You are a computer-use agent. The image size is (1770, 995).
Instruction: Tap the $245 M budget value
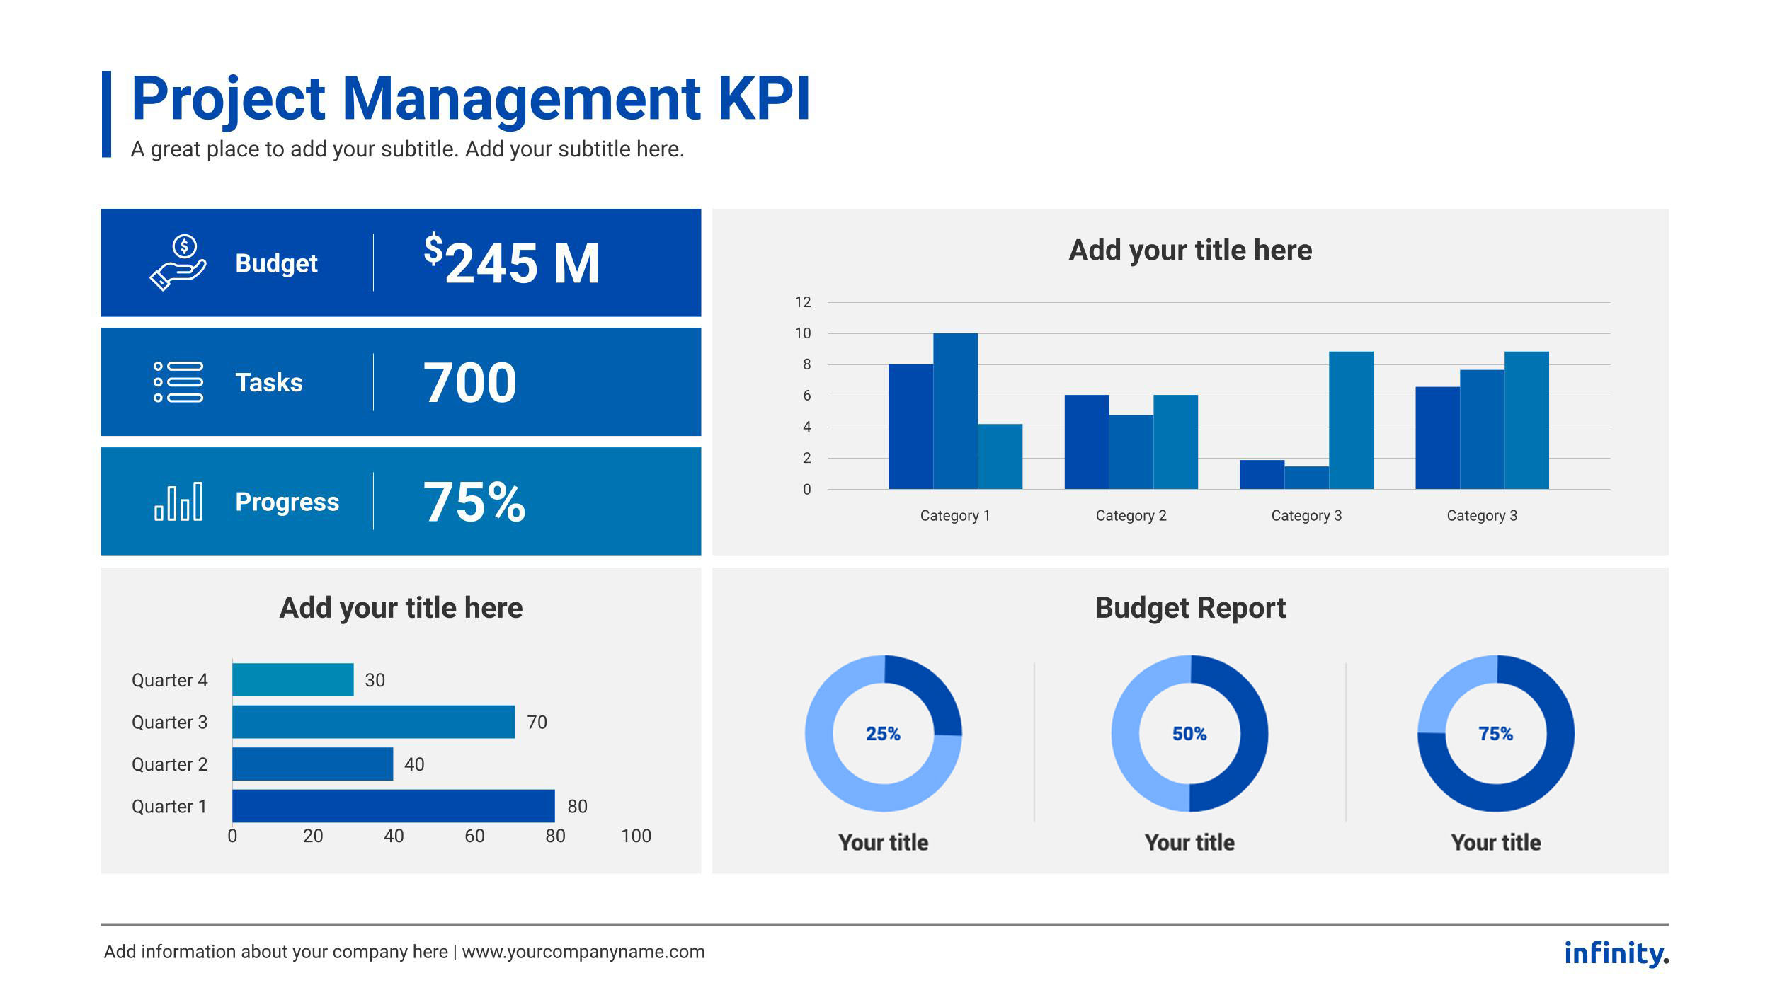[x=512, y=263]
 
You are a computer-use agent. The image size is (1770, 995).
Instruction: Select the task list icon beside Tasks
[x=178, y=382]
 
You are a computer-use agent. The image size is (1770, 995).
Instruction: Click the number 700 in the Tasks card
[x=470, y=383]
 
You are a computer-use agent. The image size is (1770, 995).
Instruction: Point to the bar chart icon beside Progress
[x=178, y=502]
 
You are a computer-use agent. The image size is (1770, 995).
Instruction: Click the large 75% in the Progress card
[x=474, y=502]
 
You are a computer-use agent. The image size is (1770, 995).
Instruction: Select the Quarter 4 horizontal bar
[x=293, y=679]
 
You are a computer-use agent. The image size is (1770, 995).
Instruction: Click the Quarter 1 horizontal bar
[x=394, y=805]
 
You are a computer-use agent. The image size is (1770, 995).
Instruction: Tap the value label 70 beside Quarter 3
[x=537, y=722]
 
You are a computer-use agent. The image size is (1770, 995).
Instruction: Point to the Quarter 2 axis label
[x=170, y=764]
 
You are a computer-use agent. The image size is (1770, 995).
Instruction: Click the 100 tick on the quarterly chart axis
[x=636, y=836]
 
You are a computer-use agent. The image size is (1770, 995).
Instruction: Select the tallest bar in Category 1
[x=955, y=410]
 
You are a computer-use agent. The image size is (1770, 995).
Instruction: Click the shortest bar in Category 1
[x=1000, y=456]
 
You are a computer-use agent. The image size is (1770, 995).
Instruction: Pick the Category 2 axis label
[x=1131, y=515]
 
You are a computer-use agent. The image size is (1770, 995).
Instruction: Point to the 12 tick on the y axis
[x=803, y=302]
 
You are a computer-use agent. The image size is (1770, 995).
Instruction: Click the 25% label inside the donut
[x=883, y=734]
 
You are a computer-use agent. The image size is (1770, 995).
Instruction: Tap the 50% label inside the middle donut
[x=1189, y=734]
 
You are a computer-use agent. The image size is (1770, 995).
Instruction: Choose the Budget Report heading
[x=1190, y=608]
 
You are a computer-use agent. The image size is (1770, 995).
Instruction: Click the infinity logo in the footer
[x=1616, y=953]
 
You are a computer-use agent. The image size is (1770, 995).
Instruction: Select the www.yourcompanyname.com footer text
[x=583, y=952]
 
